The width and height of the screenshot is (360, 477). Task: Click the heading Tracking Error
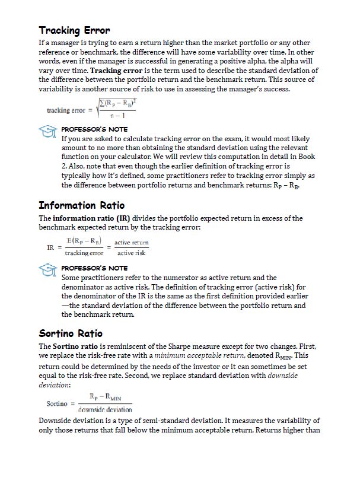click(x=74, y=30)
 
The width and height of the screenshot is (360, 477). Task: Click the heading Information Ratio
click(x=81, y=205)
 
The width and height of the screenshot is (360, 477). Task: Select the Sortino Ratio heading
click(x=71, y=333)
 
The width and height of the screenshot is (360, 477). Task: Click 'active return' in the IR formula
click(x=131, y=243)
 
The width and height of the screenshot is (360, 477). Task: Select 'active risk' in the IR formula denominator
click(x=131, y=253)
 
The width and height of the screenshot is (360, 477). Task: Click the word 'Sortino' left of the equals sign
click(x=58, y=404)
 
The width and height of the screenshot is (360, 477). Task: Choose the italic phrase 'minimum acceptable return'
click(x=191, y=355)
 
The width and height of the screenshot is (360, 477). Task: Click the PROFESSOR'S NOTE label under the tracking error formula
click(x=94, y=129)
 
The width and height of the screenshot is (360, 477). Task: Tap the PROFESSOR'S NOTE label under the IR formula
click(x=94, y=268)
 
